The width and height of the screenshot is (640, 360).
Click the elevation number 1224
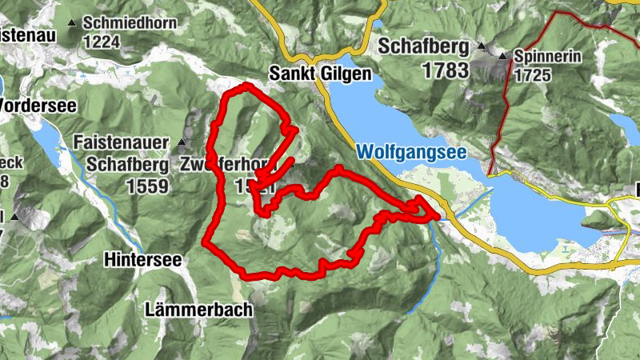pos(102,42)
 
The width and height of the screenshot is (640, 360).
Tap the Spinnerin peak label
pos(547,57)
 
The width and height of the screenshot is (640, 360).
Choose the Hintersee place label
pos(143,260)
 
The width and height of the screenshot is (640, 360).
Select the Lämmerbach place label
pos(199,309)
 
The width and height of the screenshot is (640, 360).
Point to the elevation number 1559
pos(147,186)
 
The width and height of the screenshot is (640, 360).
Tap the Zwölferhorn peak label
pos(232,165)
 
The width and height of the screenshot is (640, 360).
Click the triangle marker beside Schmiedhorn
pos(74,24)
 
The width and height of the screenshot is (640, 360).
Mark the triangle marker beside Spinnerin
pos(502,57)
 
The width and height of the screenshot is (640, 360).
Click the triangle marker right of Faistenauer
pos(182,143)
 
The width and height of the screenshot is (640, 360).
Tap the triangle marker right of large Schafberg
pos(481,45)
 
